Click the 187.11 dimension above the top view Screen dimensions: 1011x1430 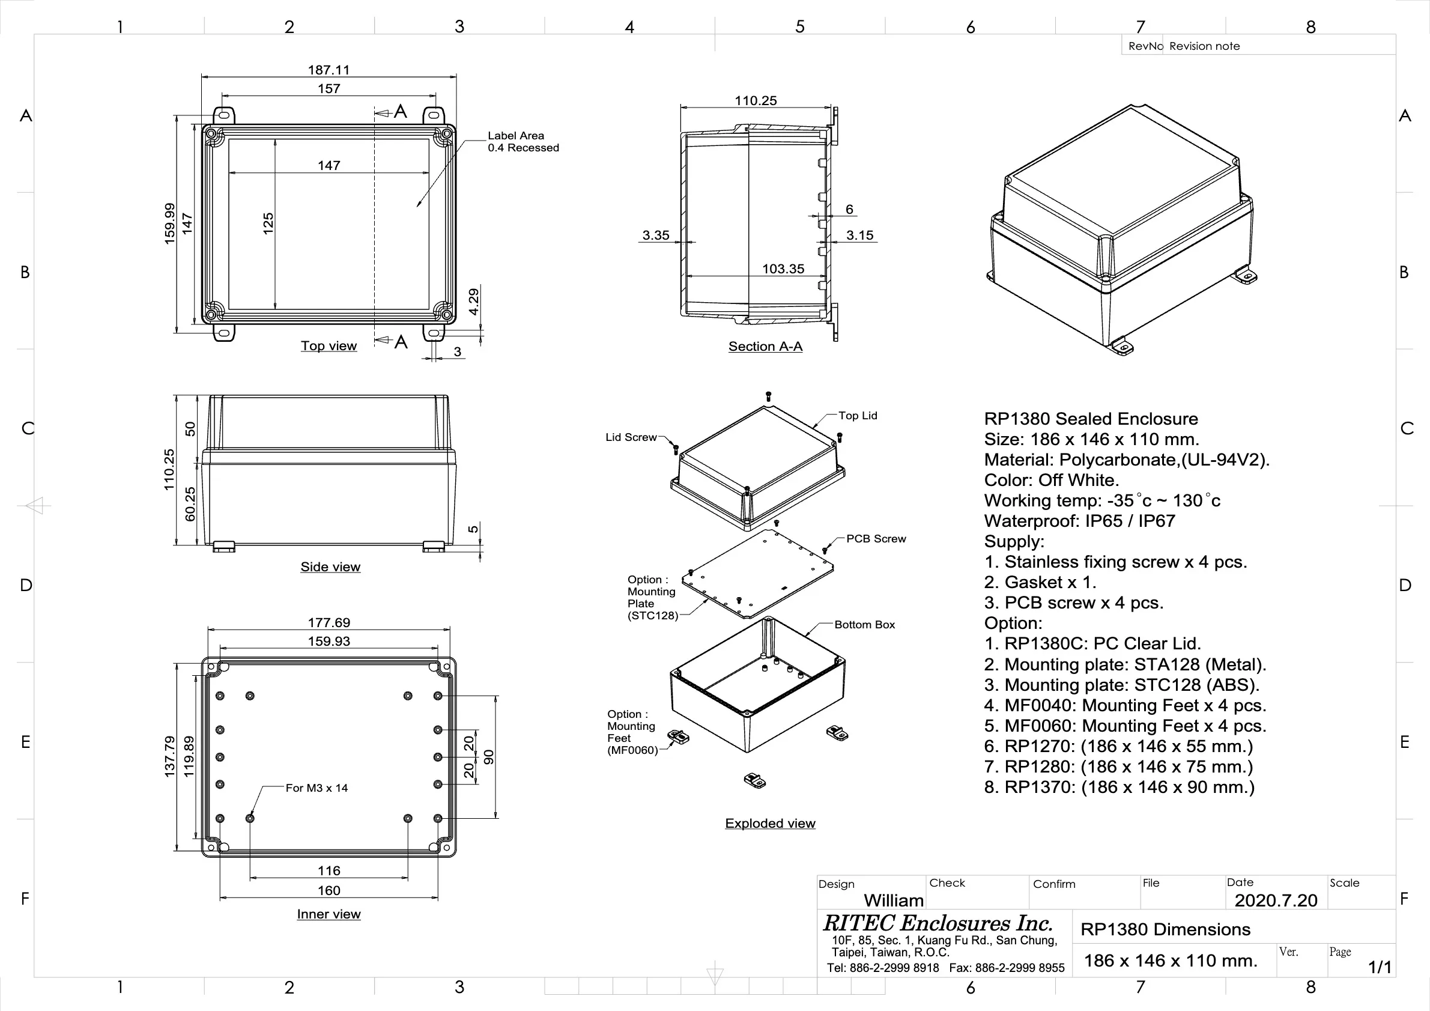329,70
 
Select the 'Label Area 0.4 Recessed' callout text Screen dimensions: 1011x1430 523,141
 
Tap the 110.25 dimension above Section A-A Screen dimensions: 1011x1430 755,100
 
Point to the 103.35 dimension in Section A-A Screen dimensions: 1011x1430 783,269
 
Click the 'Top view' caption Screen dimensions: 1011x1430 329,346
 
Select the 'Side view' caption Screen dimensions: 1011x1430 330,567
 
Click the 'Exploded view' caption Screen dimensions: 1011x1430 770,823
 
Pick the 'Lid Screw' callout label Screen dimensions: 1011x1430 631,437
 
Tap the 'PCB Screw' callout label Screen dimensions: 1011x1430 876,539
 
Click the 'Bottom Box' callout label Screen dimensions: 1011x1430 864,625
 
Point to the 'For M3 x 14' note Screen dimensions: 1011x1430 317,788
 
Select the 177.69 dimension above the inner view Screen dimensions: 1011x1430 329,622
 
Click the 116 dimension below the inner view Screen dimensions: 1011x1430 329,870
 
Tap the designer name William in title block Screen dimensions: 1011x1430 893,900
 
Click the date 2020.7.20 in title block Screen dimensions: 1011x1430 1276,900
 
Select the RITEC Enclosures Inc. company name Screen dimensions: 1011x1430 938,923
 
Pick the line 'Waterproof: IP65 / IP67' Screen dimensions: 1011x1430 1079,521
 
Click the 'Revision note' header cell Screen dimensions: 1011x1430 1204,46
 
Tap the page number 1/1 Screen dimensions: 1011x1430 1379,967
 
